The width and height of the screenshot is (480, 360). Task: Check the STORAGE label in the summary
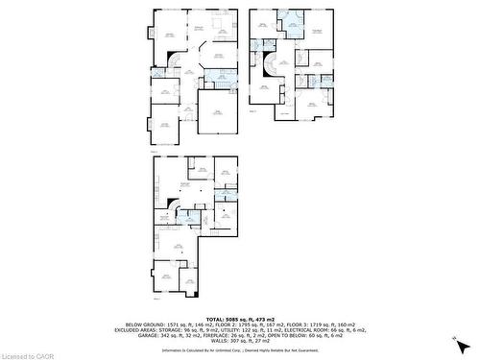(x=165, y=330)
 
